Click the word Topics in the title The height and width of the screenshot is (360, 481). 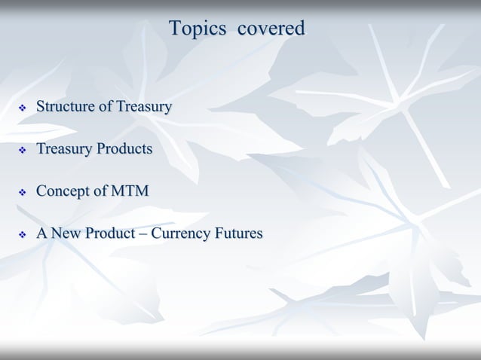point(198,29)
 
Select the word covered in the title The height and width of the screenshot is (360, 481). point(271,29)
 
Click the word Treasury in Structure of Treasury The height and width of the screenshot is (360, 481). point(143,107)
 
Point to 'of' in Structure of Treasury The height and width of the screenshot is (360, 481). point(106,107)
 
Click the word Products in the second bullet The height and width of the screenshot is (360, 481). point(125,149)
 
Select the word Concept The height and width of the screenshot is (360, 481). point(63,191)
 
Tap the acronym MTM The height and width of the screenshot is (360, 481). point(129,191)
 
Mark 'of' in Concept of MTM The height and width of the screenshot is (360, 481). point(100,191)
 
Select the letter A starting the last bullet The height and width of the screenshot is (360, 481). point(42,233)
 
